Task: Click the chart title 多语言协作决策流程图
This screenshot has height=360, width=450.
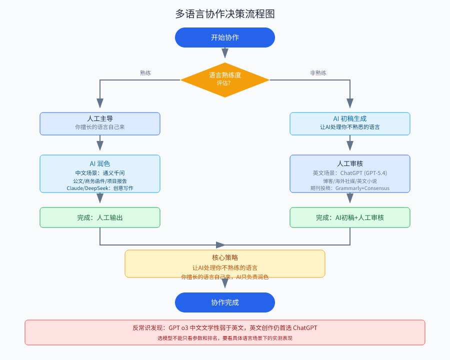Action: tap(225, 14)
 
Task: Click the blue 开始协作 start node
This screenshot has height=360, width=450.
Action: tap(225, 37)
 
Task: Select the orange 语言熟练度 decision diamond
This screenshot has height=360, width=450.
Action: tap(225, 79)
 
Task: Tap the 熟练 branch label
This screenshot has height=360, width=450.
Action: tap(145, 73)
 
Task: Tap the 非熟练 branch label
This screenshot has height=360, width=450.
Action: tap(318, 73)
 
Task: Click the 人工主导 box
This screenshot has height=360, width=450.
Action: tap(100, 123)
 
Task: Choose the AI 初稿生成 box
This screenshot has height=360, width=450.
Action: tap(350, 123)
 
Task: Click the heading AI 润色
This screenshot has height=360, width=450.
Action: tap(100, 163)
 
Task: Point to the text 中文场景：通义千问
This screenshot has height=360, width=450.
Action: tap(100, 172)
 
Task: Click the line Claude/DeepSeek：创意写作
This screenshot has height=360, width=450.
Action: tap(100, 188)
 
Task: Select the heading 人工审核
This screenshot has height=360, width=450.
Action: tap(350, 163)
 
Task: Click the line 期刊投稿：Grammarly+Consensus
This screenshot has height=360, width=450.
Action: tap(350, 188)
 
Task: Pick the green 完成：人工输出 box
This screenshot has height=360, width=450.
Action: tap(100, 217)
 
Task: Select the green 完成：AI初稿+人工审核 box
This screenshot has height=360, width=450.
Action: tap(350, 217)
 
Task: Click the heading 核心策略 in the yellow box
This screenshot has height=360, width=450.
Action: tap(225, 257)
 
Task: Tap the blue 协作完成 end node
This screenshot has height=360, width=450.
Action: tap(225, 302)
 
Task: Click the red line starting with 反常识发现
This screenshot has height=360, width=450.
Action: tap(225, 328)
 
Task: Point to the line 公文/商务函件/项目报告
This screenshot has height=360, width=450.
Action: tap(100, 180)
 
